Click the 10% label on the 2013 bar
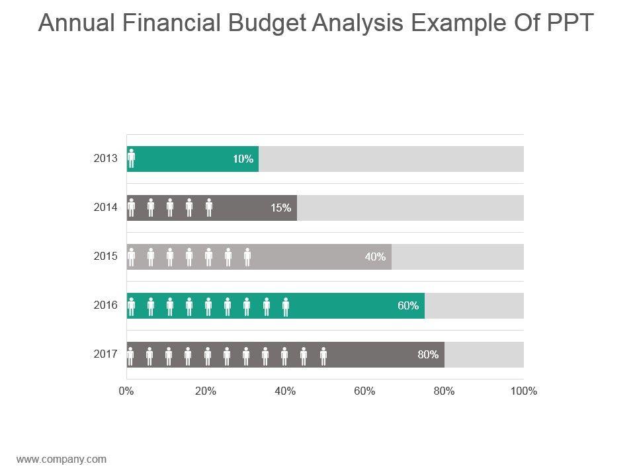tap(243, 159)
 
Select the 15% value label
tap(280, 208)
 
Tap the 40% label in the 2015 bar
tap(376, 257)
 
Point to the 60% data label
tap(408, 305)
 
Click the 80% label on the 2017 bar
tap(428, 354)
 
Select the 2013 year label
tap(106, 159)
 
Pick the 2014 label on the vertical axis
tap(106, 208)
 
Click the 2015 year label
tap(106, 257)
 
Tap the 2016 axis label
tap(106, 305)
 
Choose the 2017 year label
tap(106, 354)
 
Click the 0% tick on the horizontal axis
tap(126, 391)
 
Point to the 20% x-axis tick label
tap(206, 391)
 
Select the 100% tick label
tap(524, 391)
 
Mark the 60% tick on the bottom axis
tap(364, 391)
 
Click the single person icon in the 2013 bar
tap(132, 159)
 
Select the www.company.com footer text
tap(61, 459)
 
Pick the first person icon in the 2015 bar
tap(132, 257)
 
